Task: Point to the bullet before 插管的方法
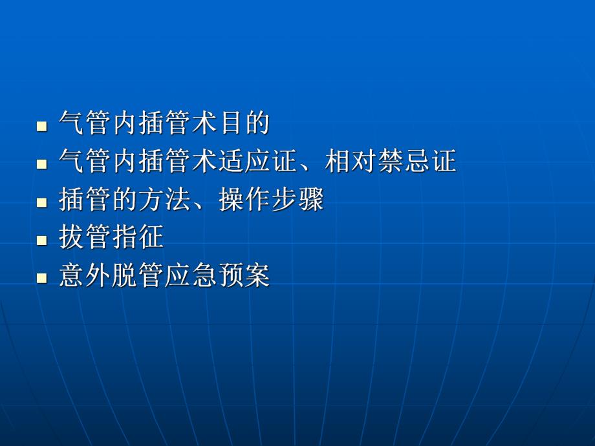(x=42, y=202)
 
